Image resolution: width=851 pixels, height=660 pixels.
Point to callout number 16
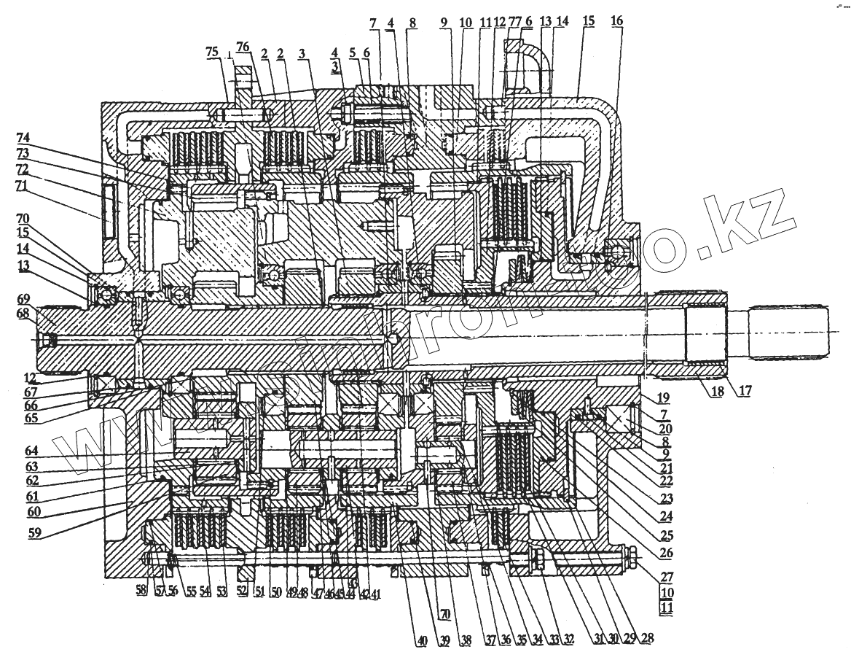(616, 22)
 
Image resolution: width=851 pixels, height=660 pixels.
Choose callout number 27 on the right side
(665, 575)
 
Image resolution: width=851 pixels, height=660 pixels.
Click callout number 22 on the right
(665, 482)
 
